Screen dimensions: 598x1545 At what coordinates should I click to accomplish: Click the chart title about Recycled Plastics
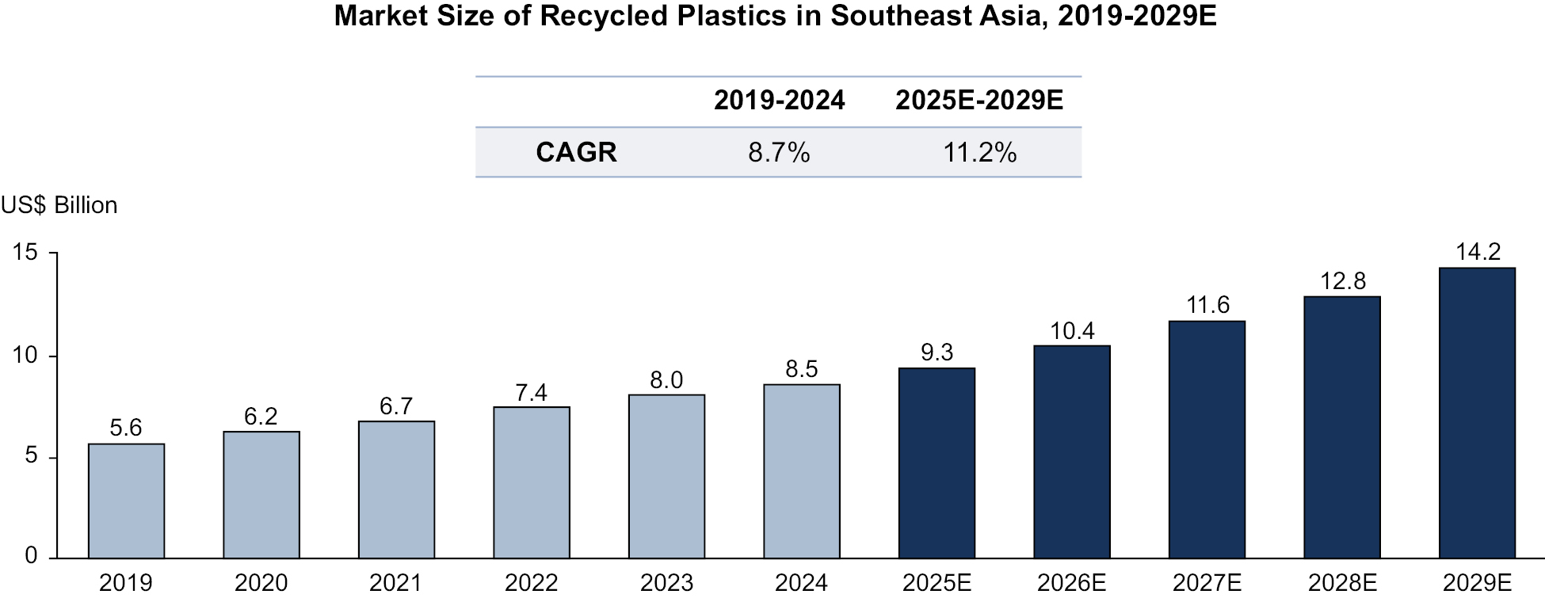(x=774, y=17)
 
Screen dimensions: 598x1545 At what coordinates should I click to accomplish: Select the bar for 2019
(x=126, y=501)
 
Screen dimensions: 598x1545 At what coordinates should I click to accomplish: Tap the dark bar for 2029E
(x=1477, y=413)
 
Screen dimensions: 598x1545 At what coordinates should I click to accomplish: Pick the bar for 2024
(x=801, y=471)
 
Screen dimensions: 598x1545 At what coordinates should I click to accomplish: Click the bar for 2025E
(x=937, y=463)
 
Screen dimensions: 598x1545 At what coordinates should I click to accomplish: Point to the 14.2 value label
(x=1478, y=252)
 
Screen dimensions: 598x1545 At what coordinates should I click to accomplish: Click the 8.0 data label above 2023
(x=666, y=380)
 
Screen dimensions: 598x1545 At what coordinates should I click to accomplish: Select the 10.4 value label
(x=1072, y=331)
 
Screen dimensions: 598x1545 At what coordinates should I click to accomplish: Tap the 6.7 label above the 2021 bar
(x=396, y=406)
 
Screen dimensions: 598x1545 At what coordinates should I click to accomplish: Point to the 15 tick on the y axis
(x=25, y=253)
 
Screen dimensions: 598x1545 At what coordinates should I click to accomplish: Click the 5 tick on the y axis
(x=31, y=456)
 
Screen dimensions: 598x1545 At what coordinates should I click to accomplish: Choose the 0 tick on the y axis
(x=31, y=556)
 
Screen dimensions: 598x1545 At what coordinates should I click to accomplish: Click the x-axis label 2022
(x=531, y=583)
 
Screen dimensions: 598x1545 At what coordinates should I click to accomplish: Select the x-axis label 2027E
(x=1207, y=583)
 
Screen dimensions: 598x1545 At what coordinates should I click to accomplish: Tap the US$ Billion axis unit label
(x=59, y=205)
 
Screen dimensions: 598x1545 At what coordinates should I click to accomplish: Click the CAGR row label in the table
(x=576, y=152)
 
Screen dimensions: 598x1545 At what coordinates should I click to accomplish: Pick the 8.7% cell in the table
(x=779, y=152)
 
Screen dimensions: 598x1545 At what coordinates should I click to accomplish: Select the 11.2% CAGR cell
(x=979, y=152)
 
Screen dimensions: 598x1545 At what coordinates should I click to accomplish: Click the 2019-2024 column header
(x=779, y=101)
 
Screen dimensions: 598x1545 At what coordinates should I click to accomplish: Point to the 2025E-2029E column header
(x=979, y=101)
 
